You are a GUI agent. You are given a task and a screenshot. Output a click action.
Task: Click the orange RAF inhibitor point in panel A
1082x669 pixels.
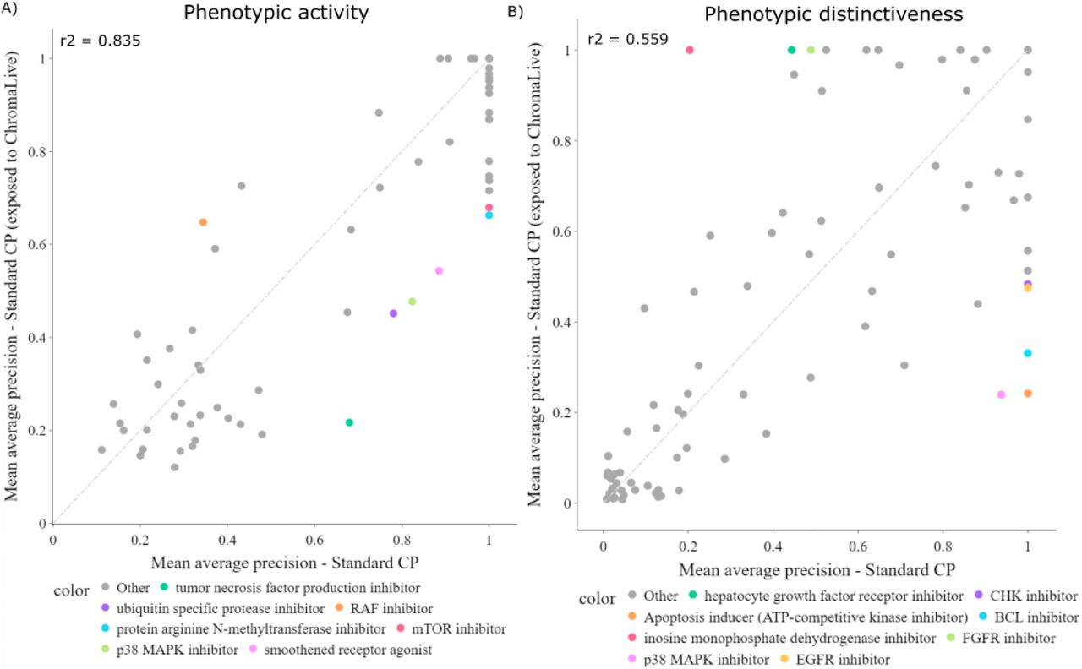click(x=203, y=222)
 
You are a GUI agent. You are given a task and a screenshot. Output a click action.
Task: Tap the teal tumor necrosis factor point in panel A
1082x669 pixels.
click(x=349, y=422)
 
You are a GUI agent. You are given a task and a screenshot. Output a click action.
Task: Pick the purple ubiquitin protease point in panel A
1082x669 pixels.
click(x=393, y=313)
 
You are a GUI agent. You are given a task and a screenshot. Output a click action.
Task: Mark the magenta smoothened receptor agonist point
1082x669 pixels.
click(x=439, y=271)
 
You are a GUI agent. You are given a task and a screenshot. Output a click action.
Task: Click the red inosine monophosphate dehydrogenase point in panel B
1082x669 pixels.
click(x=690, y=50)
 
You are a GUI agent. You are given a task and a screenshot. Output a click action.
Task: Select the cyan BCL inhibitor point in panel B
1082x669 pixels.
click(x=1028, y=353)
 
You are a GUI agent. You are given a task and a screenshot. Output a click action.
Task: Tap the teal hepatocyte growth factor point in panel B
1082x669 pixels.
click(x=791, y=50)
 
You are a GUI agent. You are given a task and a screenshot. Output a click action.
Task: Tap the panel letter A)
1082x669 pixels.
click(x=12, y=12)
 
